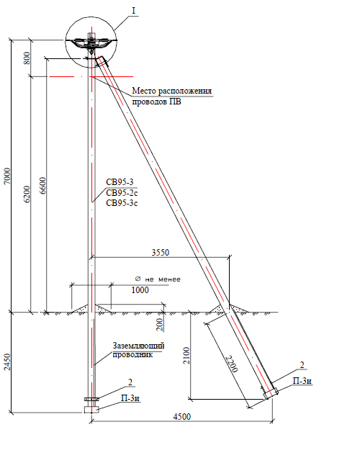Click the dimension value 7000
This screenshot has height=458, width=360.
tap(7, 176)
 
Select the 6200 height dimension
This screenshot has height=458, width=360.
tap(27, 194)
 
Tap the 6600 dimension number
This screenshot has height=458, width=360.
tap(42, 186)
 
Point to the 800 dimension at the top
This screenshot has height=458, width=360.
tap(27, 58)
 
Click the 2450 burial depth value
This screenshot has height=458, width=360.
tap(7, 362)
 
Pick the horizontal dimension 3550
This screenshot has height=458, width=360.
tap(161, 252)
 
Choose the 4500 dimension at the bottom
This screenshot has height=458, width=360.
tap(182, 416)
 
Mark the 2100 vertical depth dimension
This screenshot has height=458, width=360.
tap(186, 356)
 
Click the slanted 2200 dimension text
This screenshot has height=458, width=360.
tap(232, 364)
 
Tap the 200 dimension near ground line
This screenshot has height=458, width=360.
tap(159, 325)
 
